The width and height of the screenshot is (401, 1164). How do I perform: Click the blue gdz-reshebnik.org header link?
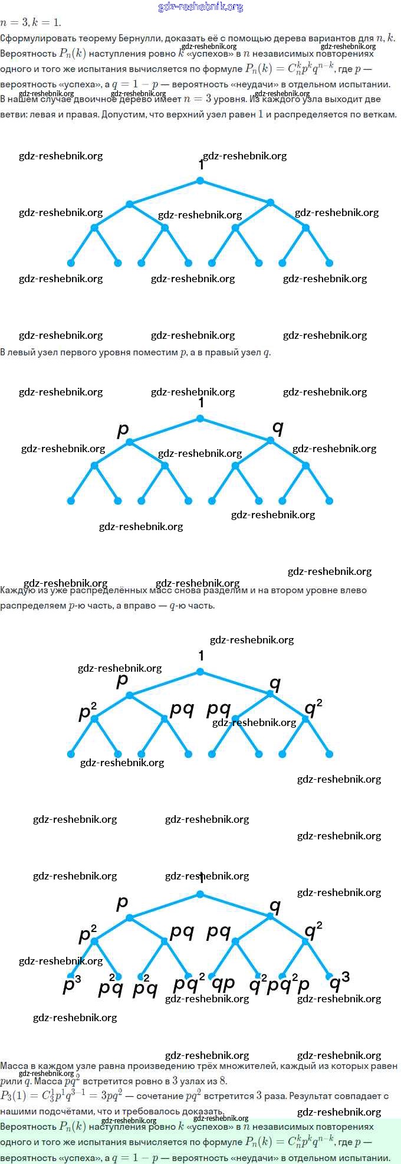pyautogui.click(x=200, y=7)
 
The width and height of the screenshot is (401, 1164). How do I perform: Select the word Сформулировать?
pyautogui.click(x=33, y=38)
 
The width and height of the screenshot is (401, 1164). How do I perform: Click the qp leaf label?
pyautogui.click(x=223, y=983)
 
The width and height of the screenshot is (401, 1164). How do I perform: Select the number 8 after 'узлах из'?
pyautogui.click(x=222, y=1081)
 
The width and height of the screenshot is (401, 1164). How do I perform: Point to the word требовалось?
pyautogui.click(x=149, y=1110)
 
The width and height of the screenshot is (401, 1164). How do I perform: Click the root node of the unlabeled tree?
pyautogui.click(x=200, y=181)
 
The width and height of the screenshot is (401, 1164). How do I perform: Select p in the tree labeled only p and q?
pyautogui.click(x=123, y=429)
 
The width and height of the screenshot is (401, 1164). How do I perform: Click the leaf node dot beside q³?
pyautogui.click(x=329, y=976)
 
